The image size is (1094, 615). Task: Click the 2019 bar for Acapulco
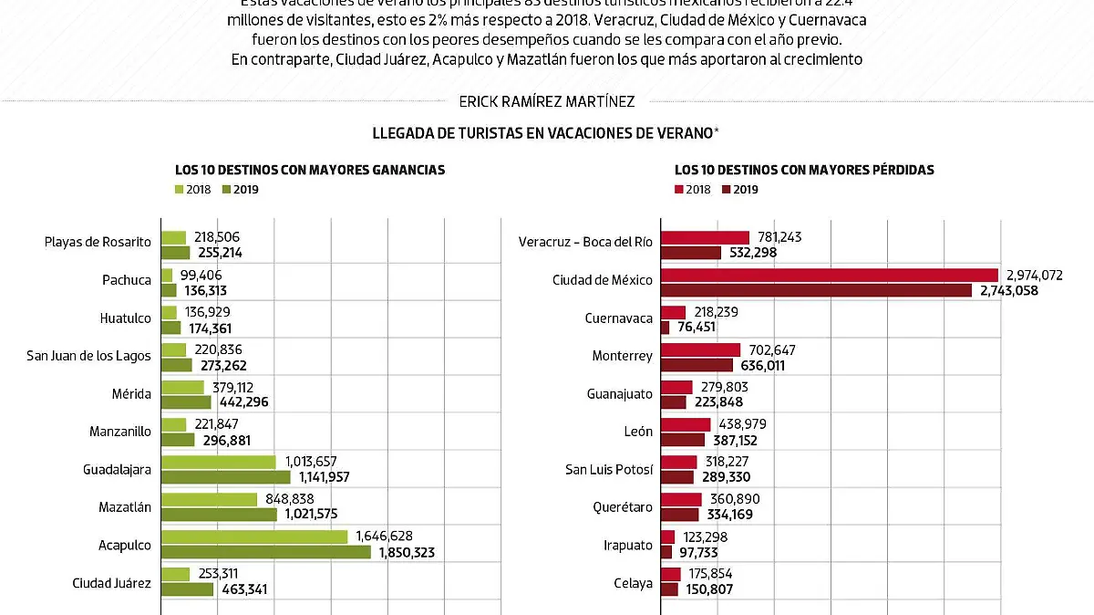pos(266,552)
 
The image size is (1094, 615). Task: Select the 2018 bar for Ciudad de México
pos(829,275)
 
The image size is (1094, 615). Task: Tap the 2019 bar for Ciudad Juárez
pos(188,589)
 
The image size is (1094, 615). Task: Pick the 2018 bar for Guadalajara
pos(219,462)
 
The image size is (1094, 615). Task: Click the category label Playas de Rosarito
pos(98,243)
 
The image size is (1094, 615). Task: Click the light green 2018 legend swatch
pos(180,190)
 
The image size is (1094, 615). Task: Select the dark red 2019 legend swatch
pos(727,190)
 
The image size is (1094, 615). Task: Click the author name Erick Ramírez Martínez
pos(546,102)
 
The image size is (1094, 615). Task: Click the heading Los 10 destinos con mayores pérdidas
pos(804,170)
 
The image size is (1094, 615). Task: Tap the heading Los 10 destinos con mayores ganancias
pos(310,170)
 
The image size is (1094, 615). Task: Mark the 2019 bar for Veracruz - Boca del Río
pos(691,253)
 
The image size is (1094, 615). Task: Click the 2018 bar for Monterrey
pos(700,349)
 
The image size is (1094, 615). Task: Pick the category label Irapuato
pos(628,546)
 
